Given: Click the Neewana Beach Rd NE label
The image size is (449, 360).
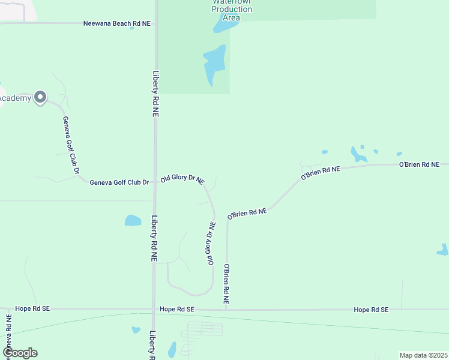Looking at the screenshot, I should pos(117,23).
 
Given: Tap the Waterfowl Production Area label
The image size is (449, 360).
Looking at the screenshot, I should pos(231,9).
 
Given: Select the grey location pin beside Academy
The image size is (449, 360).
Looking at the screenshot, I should pos(40,97).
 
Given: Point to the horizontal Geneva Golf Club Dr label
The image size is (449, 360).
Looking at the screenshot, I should pos(119,182).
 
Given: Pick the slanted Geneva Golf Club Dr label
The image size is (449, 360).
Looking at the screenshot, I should pos(71,146).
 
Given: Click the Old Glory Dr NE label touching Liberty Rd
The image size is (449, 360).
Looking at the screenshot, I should pos(182,179).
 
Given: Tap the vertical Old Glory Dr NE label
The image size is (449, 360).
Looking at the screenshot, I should pos(211,243).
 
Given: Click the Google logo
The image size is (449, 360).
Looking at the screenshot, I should pos(20,353).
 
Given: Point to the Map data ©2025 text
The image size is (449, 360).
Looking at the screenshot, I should pos(424,355).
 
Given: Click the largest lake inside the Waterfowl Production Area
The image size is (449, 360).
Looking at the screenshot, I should pos(214,64).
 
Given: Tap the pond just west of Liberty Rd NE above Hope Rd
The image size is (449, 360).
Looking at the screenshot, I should pos(133,220).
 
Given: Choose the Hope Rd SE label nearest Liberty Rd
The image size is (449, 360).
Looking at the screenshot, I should pos(177,309).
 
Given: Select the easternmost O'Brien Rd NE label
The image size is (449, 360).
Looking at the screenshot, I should pos(419,164).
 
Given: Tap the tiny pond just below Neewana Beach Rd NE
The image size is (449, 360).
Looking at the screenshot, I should pos(132,28).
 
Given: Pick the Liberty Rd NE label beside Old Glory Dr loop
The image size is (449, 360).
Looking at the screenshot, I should pos(154,238).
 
